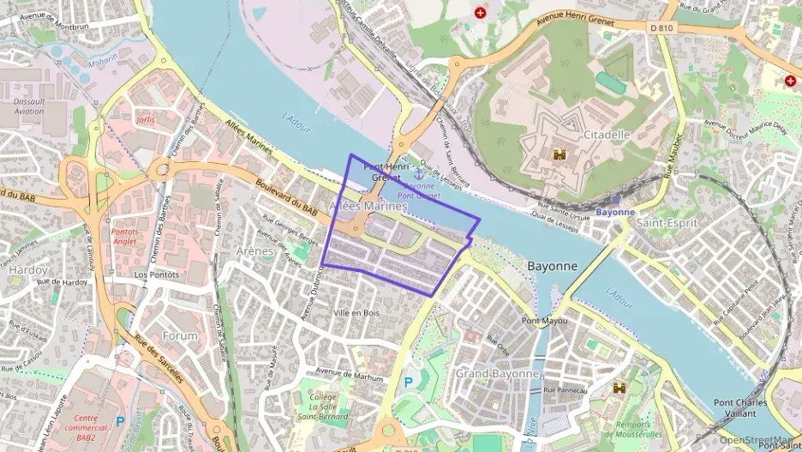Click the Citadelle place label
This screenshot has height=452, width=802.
(607, 135)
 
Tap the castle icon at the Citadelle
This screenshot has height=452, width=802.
(561, 154)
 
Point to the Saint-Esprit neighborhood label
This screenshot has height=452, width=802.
(668, 223)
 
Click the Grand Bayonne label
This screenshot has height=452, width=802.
(497, 374)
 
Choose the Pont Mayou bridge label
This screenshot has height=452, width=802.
(544, 321)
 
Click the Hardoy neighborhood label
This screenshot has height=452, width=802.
(27, 269)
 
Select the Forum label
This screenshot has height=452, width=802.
(180, 336)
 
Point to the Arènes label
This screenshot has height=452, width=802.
(255, 251)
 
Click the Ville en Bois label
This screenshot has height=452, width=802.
(356, 313)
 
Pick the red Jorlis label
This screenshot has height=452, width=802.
(146, 120)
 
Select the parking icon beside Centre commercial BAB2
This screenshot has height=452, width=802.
(119, 421)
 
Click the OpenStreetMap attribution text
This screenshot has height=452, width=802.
(760, 440)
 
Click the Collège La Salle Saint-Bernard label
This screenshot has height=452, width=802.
(323, 407)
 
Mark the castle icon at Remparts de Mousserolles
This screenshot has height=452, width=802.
(619, 389)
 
